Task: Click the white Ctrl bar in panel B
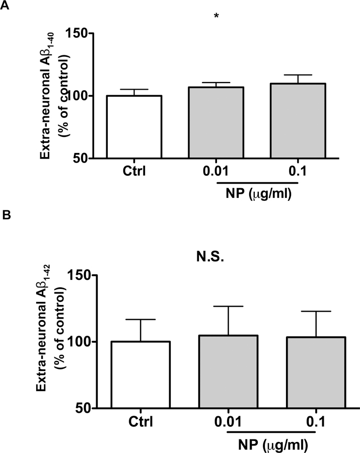pos(140,374)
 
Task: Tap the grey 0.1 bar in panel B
pos(316,372)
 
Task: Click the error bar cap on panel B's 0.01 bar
pos(229,306)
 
